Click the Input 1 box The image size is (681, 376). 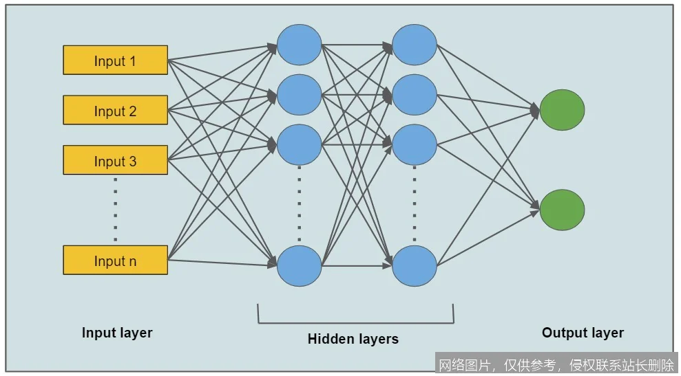[x=115, y=60]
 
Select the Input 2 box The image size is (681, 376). [x=115, y=111]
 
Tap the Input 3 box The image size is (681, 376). [x=115, y=161]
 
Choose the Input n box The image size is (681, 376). [x=115, y=261]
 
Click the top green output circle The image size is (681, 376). [x=562, y=110]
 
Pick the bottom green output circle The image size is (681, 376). [x=562, y=210]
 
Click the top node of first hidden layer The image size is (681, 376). [x=300, y=45]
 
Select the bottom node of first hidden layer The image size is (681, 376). [x=300, y=265]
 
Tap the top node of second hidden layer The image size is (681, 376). [x=415, y=45]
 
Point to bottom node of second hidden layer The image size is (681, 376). [x=415, y=265]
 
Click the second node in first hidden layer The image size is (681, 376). [x=300, y=95]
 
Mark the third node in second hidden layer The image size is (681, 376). [x=415, y=145]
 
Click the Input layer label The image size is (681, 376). [x=117, y=333]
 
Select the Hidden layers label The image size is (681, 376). [x=353, y=339]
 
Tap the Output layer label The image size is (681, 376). [x=583, y=333]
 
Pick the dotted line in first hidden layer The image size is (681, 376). [x=300, y=205]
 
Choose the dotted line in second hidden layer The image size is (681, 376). [x=415, y=205]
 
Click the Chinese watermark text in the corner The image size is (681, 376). [x=556, y=364]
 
